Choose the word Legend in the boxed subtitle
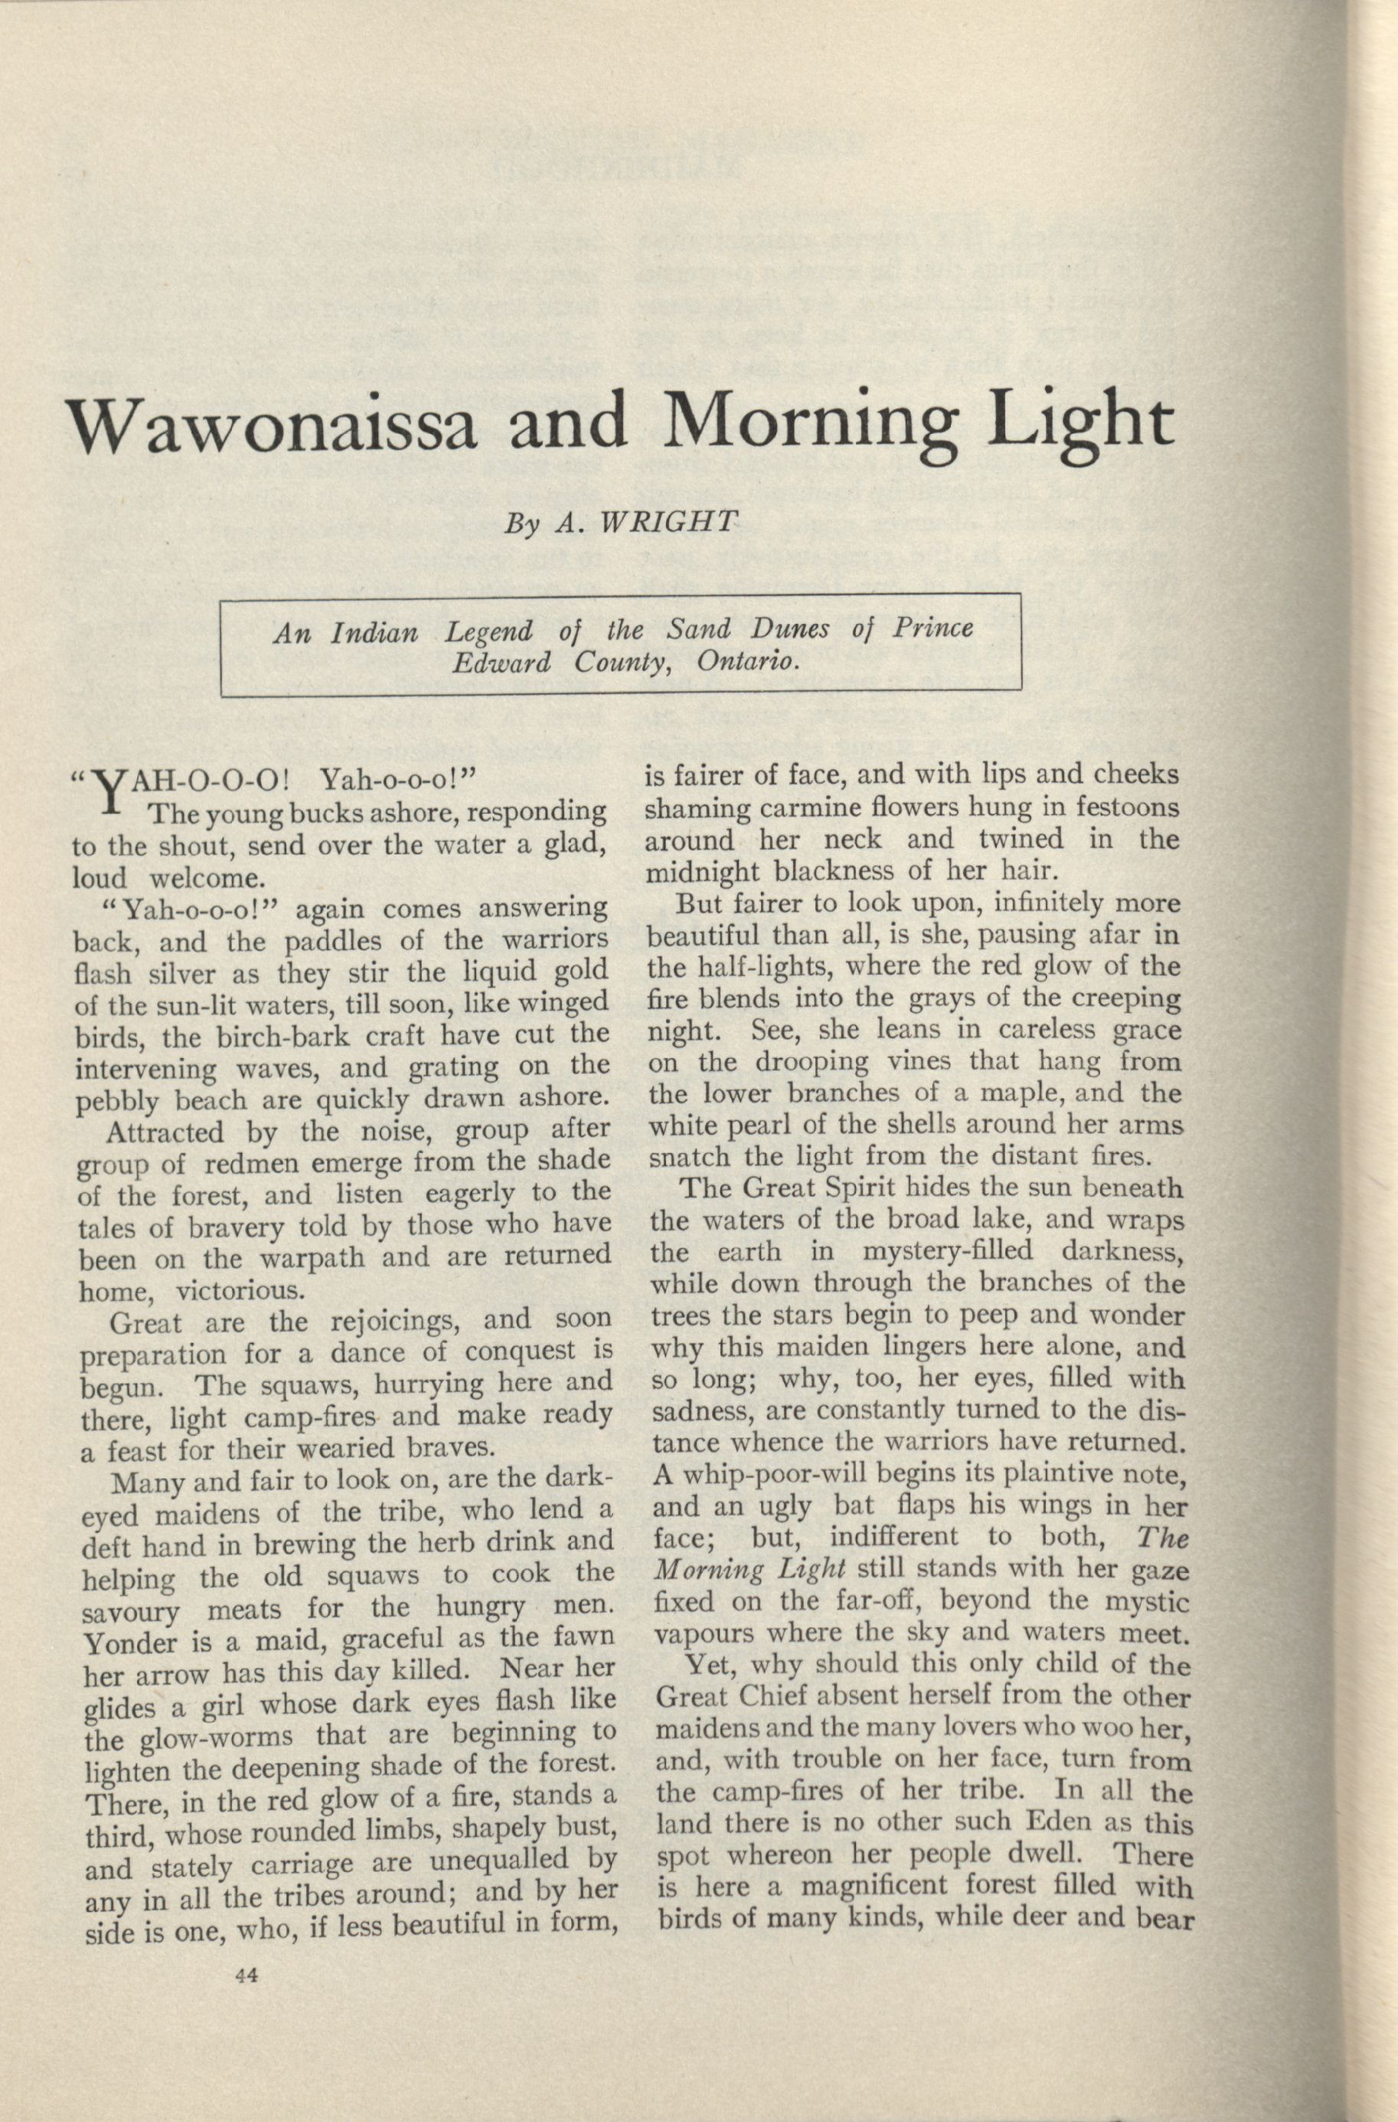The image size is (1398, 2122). [x=488, y=632]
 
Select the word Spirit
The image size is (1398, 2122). [x=854, y=1189]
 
